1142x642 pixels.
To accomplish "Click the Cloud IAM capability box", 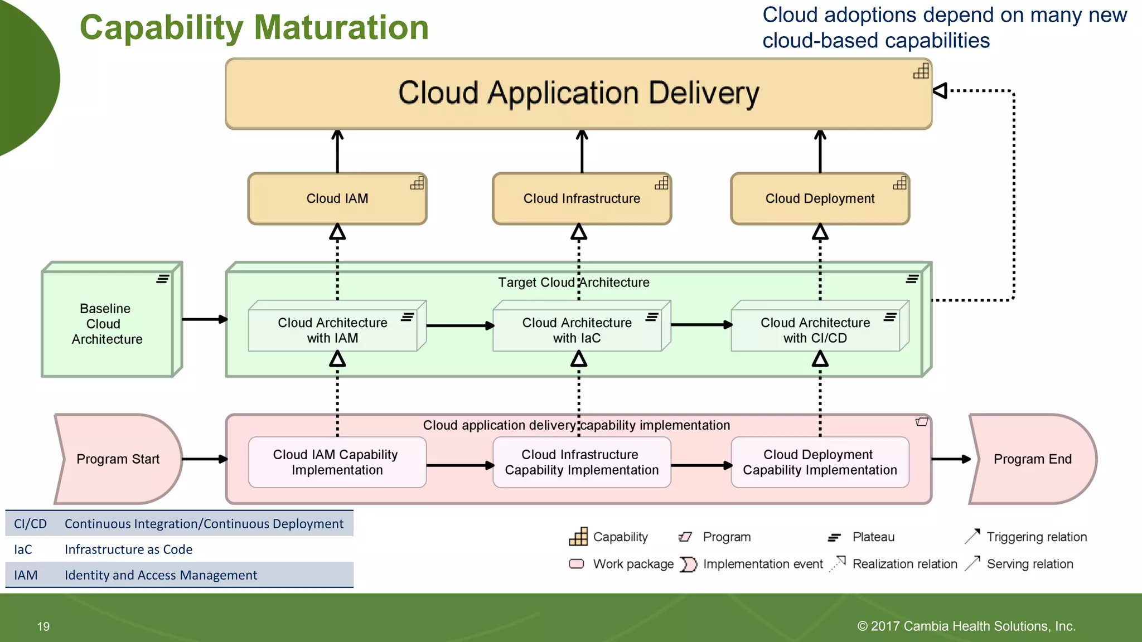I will tap(337, 199).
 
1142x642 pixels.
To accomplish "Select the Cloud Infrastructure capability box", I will tap(582, 199).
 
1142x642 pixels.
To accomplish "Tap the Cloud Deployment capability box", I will tap(820, 199).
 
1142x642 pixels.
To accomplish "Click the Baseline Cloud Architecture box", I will tap(107, 324).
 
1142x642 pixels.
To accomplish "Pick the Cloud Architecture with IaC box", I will tap(577, 330).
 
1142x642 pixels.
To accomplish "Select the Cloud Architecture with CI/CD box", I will tap(815, 330).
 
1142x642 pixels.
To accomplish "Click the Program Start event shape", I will tap(118, 459).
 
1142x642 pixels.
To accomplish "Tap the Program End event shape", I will tap(1032, 459).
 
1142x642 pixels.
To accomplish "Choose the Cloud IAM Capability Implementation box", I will tap(337, 463).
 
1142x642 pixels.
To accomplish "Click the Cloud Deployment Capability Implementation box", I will tap(820, 463).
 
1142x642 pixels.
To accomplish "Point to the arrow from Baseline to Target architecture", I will tap(204, 319).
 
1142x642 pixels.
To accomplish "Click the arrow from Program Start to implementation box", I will tap(204, 459).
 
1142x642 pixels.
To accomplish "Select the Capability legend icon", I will tap(578, 537).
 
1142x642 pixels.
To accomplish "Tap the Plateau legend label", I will tap(873, 537).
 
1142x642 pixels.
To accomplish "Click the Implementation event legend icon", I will tap(689, 564).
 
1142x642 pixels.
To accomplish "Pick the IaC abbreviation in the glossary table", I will tap(23, 549).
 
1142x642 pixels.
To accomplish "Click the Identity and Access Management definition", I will tap(161, 575).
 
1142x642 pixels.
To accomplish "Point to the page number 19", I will tap(43, 626).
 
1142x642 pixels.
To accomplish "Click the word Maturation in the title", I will tap(341, 28).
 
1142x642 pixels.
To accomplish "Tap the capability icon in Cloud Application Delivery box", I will tap(921, 71).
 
